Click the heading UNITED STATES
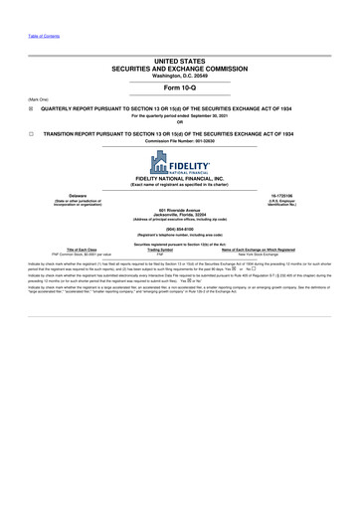coord(180,61)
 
